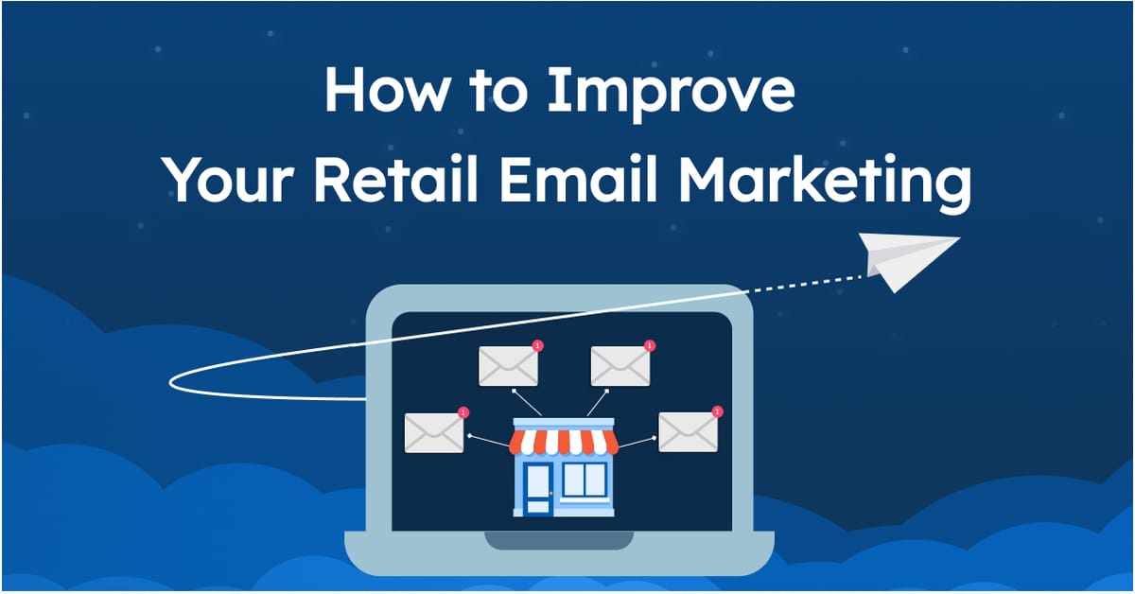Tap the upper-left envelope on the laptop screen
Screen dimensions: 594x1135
pos(508,366)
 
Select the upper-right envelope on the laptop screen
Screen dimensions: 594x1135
pos(620,366)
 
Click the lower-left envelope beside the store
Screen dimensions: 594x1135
pos(434,433)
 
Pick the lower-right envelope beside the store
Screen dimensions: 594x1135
pos(688,432)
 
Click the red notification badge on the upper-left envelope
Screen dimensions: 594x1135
pos(537,346)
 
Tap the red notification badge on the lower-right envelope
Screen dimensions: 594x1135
pos(717,411)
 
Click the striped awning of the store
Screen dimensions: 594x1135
pos(563,442)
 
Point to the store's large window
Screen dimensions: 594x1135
pos(584,480)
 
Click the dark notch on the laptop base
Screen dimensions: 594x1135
pos(558,541)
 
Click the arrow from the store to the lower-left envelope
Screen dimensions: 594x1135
pos(488,439)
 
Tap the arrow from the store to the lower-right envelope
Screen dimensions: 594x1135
pos(637,440)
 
